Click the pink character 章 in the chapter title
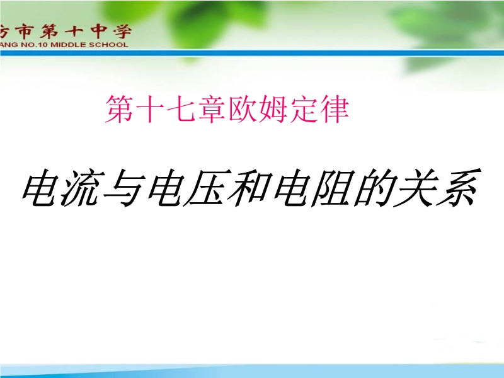point(211,109)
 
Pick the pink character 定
point(303,109)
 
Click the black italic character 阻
point(334,188)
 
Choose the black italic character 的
point(375,188)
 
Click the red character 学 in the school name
point(122,31)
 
